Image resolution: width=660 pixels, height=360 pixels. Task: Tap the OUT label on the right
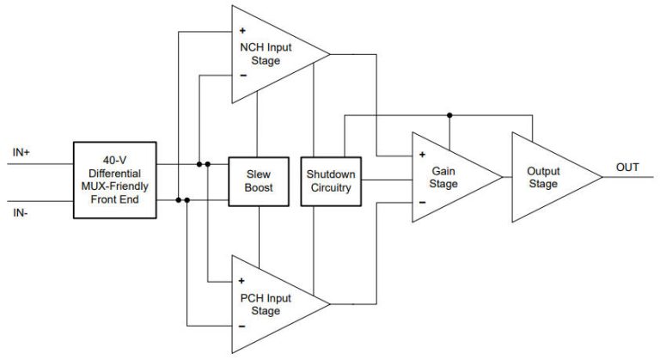tap(627, 167)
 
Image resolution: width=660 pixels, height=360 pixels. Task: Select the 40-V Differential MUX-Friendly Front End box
tap(115, 180)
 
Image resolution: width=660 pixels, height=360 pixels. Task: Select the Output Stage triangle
tap(545, 178)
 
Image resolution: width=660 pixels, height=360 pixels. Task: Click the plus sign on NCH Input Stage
tap(243, 31)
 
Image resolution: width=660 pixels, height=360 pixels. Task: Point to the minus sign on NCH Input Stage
tap(243, 76)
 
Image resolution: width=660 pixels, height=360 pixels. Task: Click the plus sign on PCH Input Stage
tap(243, 280)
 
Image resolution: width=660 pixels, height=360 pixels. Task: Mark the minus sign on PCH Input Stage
tap(243, 326)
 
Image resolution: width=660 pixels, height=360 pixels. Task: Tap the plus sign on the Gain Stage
tap(423, 156)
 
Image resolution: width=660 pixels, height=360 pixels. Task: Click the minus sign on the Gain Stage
tap(423, 202)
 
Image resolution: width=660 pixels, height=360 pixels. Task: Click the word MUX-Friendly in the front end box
tap(115, 186)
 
